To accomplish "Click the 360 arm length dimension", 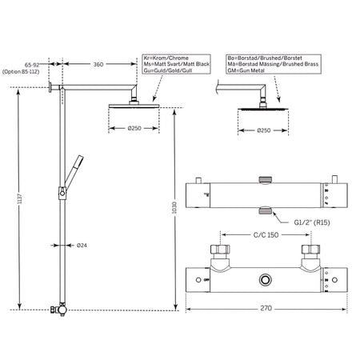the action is pyautogui.click(x=98, y=64).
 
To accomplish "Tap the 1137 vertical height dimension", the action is pyautogui.click(x=20, y=199).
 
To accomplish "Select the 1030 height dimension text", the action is pyautogui.click(x=174, y=207).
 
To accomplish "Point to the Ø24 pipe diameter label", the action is pyautogui.click(x=82, y=246).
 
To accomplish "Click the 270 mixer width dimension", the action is pyautogui.click(x=266, y=308).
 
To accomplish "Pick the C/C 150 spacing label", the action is pyautogui.click(x=266, y=235).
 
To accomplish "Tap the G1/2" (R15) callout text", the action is pyautogui.click(x=312, y=222).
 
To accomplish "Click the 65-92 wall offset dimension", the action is pyautogui.click(x=32, y=65).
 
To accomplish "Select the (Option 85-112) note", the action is pyautogui.click(x=21, y=72).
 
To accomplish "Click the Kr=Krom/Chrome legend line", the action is pyautogui.click(x=166, y=58).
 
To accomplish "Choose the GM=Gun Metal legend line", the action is pyautogui.click(x=246, y=70).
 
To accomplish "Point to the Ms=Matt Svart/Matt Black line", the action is pyautogui.click(x=176, y=64).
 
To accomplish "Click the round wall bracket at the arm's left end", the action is pyautogui.click(x=50, y=87).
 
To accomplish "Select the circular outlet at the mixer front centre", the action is pyautogui.click(x=265, y=280).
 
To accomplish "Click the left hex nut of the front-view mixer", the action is pyautogui.click(x=220, y=250).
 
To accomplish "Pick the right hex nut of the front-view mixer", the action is pyautogui.click(x=310, y=250).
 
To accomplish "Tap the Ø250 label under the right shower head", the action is pyautogui.click(x=263, y=130).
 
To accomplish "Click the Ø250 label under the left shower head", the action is pyautogui.click(x=134, y=128).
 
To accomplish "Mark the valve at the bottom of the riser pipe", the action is pyautogui.click(x=61, y=310).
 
